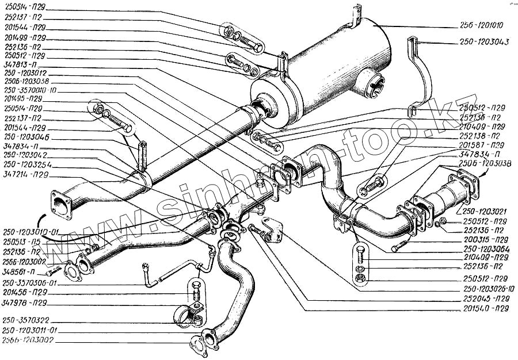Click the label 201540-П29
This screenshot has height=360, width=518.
tap(485, 308)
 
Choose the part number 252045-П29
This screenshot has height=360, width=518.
tap(485, 299)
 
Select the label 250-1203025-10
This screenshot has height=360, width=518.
tap(489, 289)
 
